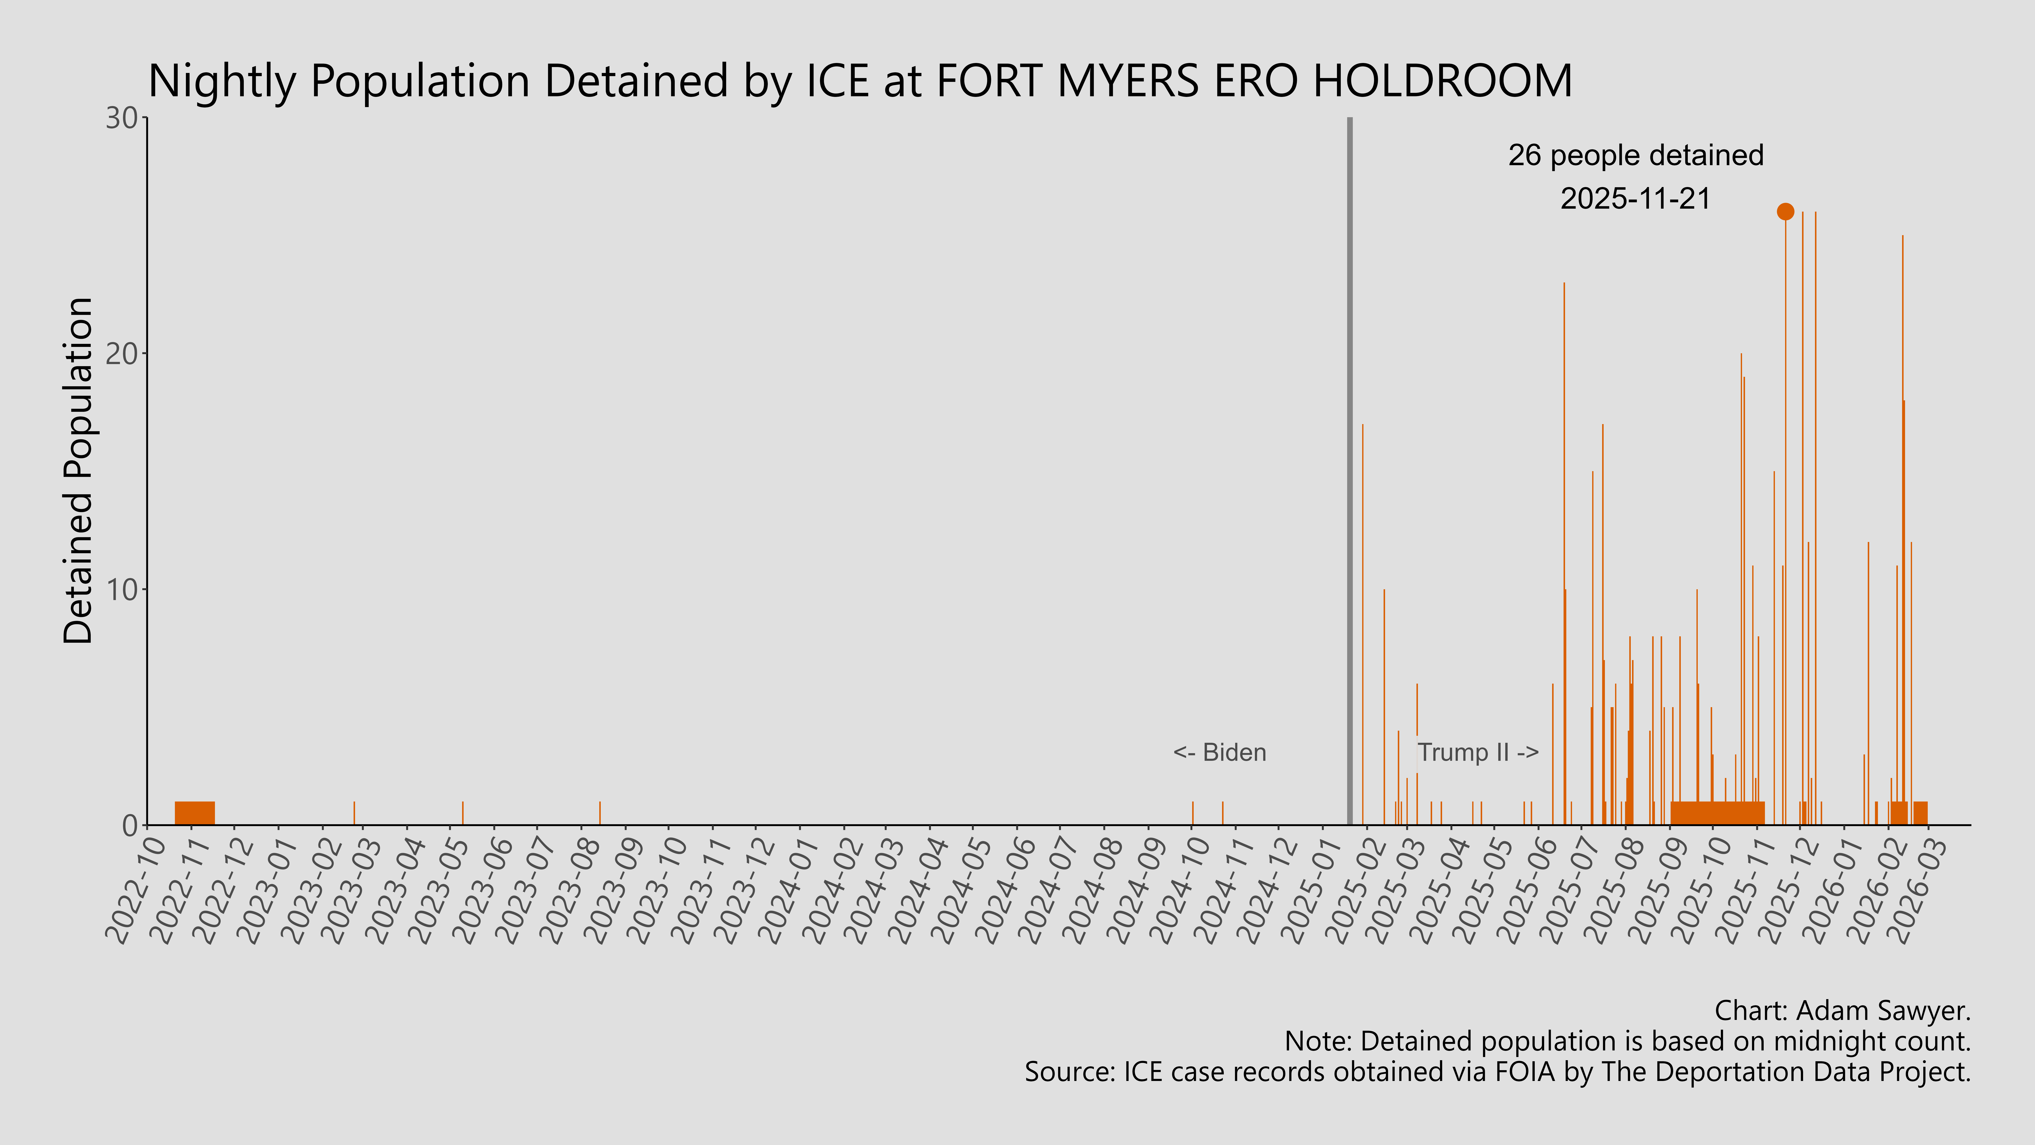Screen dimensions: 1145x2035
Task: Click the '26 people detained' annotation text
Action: (1635, 156)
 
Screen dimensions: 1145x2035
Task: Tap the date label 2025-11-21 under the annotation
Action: (1635, 198)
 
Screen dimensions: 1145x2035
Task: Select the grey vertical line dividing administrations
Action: (1349, 474)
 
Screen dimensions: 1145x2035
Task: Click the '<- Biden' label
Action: (1220, 752)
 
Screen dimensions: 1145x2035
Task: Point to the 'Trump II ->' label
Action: (1477, 752)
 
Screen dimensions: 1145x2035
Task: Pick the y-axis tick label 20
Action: (123, 354)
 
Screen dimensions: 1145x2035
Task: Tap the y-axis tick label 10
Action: (123, 589)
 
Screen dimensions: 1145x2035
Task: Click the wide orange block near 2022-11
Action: (194, 813)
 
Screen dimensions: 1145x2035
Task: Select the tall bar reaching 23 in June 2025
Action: (1563, 553)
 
